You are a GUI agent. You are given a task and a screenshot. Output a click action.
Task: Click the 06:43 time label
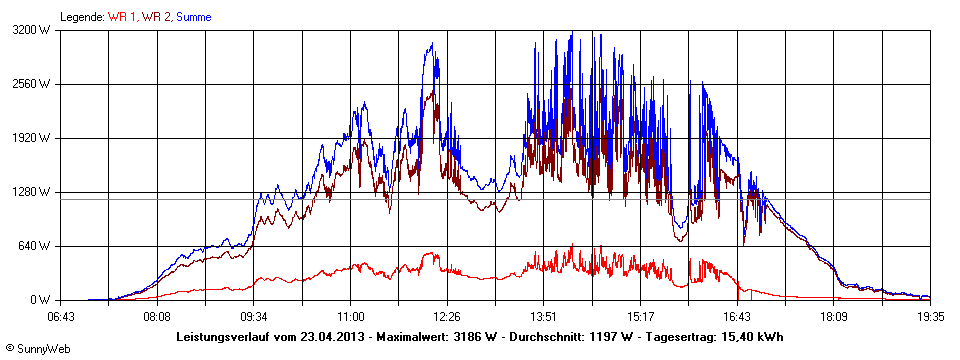coord(62,316)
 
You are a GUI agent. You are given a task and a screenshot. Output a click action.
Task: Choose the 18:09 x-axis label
coord(834,316)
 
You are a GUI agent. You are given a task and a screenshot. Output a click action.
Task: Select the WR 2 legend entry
coord(155,17)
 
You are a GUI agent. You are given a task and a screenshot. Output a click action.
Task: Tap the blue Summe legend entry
coord(194,17)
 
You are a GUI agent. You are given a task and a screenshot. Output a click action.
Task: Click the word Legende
coord(81,17)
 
